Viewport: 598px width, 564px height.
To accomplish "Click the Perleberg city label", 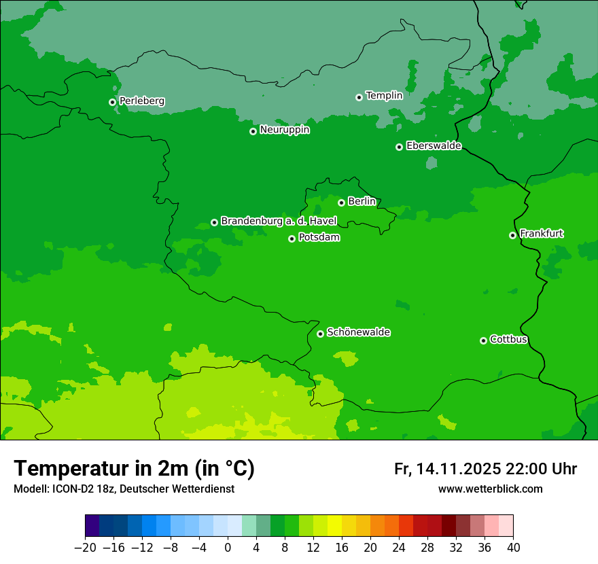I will pyautogui.click(x=141, y=101).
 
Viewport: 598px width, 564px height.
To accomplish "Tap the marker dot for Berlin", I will pyautogui.click(x=341, y=202).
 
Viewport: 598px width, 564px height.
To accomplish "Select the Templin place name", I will pyautogui.click(x=384, y=96).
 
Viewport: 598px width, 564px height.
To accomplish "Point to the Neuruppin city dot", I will pyautogui.click(x=253, y=131).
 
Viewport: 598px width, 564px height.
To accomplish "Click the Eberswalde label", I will pyautogui.click(x=434, y=146).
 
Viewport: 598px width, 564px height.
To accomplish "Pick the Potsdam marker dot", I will pyautogui.click(x=292, y=239).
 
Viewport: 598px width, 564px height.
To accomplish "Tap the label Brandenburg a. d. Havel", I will pyautogui.click(x=279, y=222).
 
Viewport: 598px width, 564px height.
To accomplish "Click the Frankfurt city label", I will pyautogui.click(x=541, y=234).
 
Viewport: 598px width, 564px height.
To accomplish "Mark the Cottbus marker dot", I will pyautogui.click(x=483, y=340).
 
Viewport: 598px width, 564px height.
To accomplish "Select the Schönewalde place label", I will pyautogui.click(x=358, y=332).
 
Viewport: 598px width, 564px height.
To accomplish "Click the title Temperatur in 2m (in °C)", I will pyautogui.click(x=134, y=469).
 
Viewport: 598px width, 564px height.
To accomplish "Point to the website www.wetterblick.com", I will pyautogui.click(x=490, y=489).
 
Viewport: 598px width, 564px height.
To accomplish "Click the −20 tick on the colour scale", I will pyautogui.click(x=85, y=547).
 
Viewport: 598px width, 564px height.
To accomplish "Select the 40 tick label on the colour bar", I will pyautogui.click(x=513, y=547).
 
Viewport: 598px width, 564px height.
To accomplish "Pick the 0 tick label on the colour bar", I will pyautogui.click(x=228, y=547).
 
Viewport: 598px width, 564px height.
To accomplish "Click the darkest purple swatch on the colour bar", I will pyautogui.click(x=92, y=526).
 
